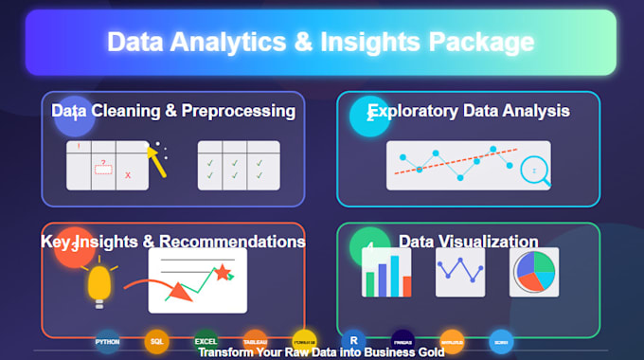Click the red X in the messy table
point(128,175)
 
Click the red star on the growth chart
point(224,274)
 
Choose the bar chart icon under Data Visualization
point(386,274)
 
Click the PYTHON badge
point(107,340)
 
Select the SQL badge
point(156,340)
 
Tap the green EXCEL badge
point(206,340)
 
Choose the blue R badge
point(353,340)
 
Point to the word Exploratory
point(413,111)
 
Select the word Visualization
point(484,242)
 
